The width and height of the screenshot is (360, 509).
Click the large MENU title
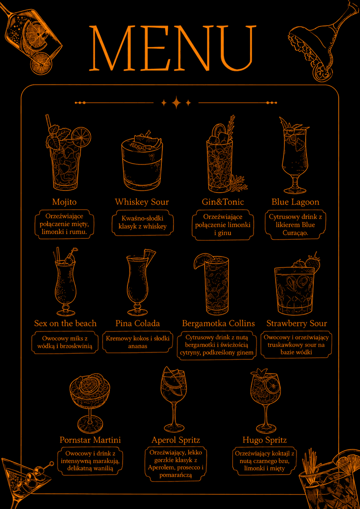172,48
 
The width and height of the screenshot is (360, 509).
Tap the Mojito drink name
64,202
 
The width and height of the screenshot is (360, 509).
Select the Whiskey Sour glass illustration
142,161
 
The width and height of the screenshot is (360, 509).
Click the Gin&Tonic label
223,202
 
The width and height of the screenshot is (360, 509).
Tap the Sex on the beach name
65,323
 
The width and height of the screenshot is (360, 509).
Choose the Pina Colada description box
138,342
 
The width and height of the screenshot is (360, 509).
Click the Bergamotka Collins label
218,323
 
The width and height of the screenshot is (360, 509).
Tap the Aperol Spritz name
176,440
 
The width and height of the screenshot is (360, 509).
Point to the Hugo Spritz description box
265,461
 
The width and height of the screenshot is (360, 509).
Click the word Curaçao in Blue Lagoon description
296,234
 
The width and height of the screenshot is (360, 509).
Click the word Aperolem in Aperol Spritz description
160,468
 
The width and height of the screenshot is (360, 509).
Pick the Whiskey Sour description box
143,222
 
